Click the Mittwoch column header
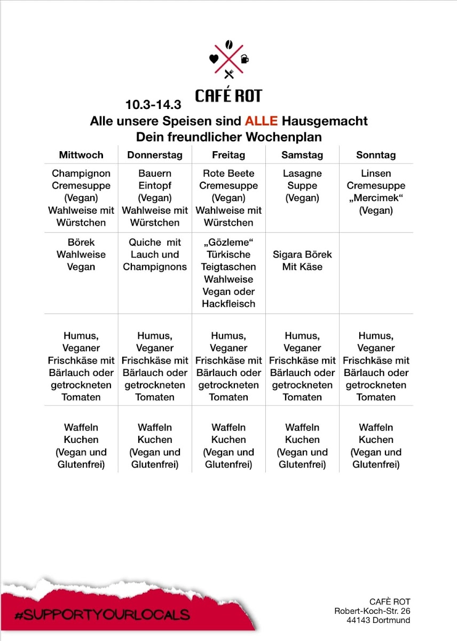coord(81,155)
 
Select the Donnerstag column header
coord(155,155)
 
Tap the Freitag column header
coord(228,155)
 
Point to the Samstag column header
coord(302,155)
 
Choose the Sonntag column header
coord(376,155)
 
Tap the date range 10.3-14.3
coord(154,104)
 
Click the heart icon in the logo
coord(214,59)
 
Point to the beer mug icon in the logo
coord(245,59)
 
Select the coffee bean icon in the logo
coord(229,44)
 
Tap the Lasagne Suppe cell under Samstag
coord(302,186)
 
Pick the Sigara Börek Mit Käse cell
coord(302,261)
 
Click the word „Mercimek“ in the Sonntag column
coord(376,198)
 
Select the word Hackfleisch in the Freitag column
coord(228,304)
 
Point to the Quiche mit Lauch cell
coord(155,254)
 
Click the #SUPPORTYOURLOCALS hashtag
coord(102,615)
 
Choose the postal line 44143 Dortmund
coord(378,620)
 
